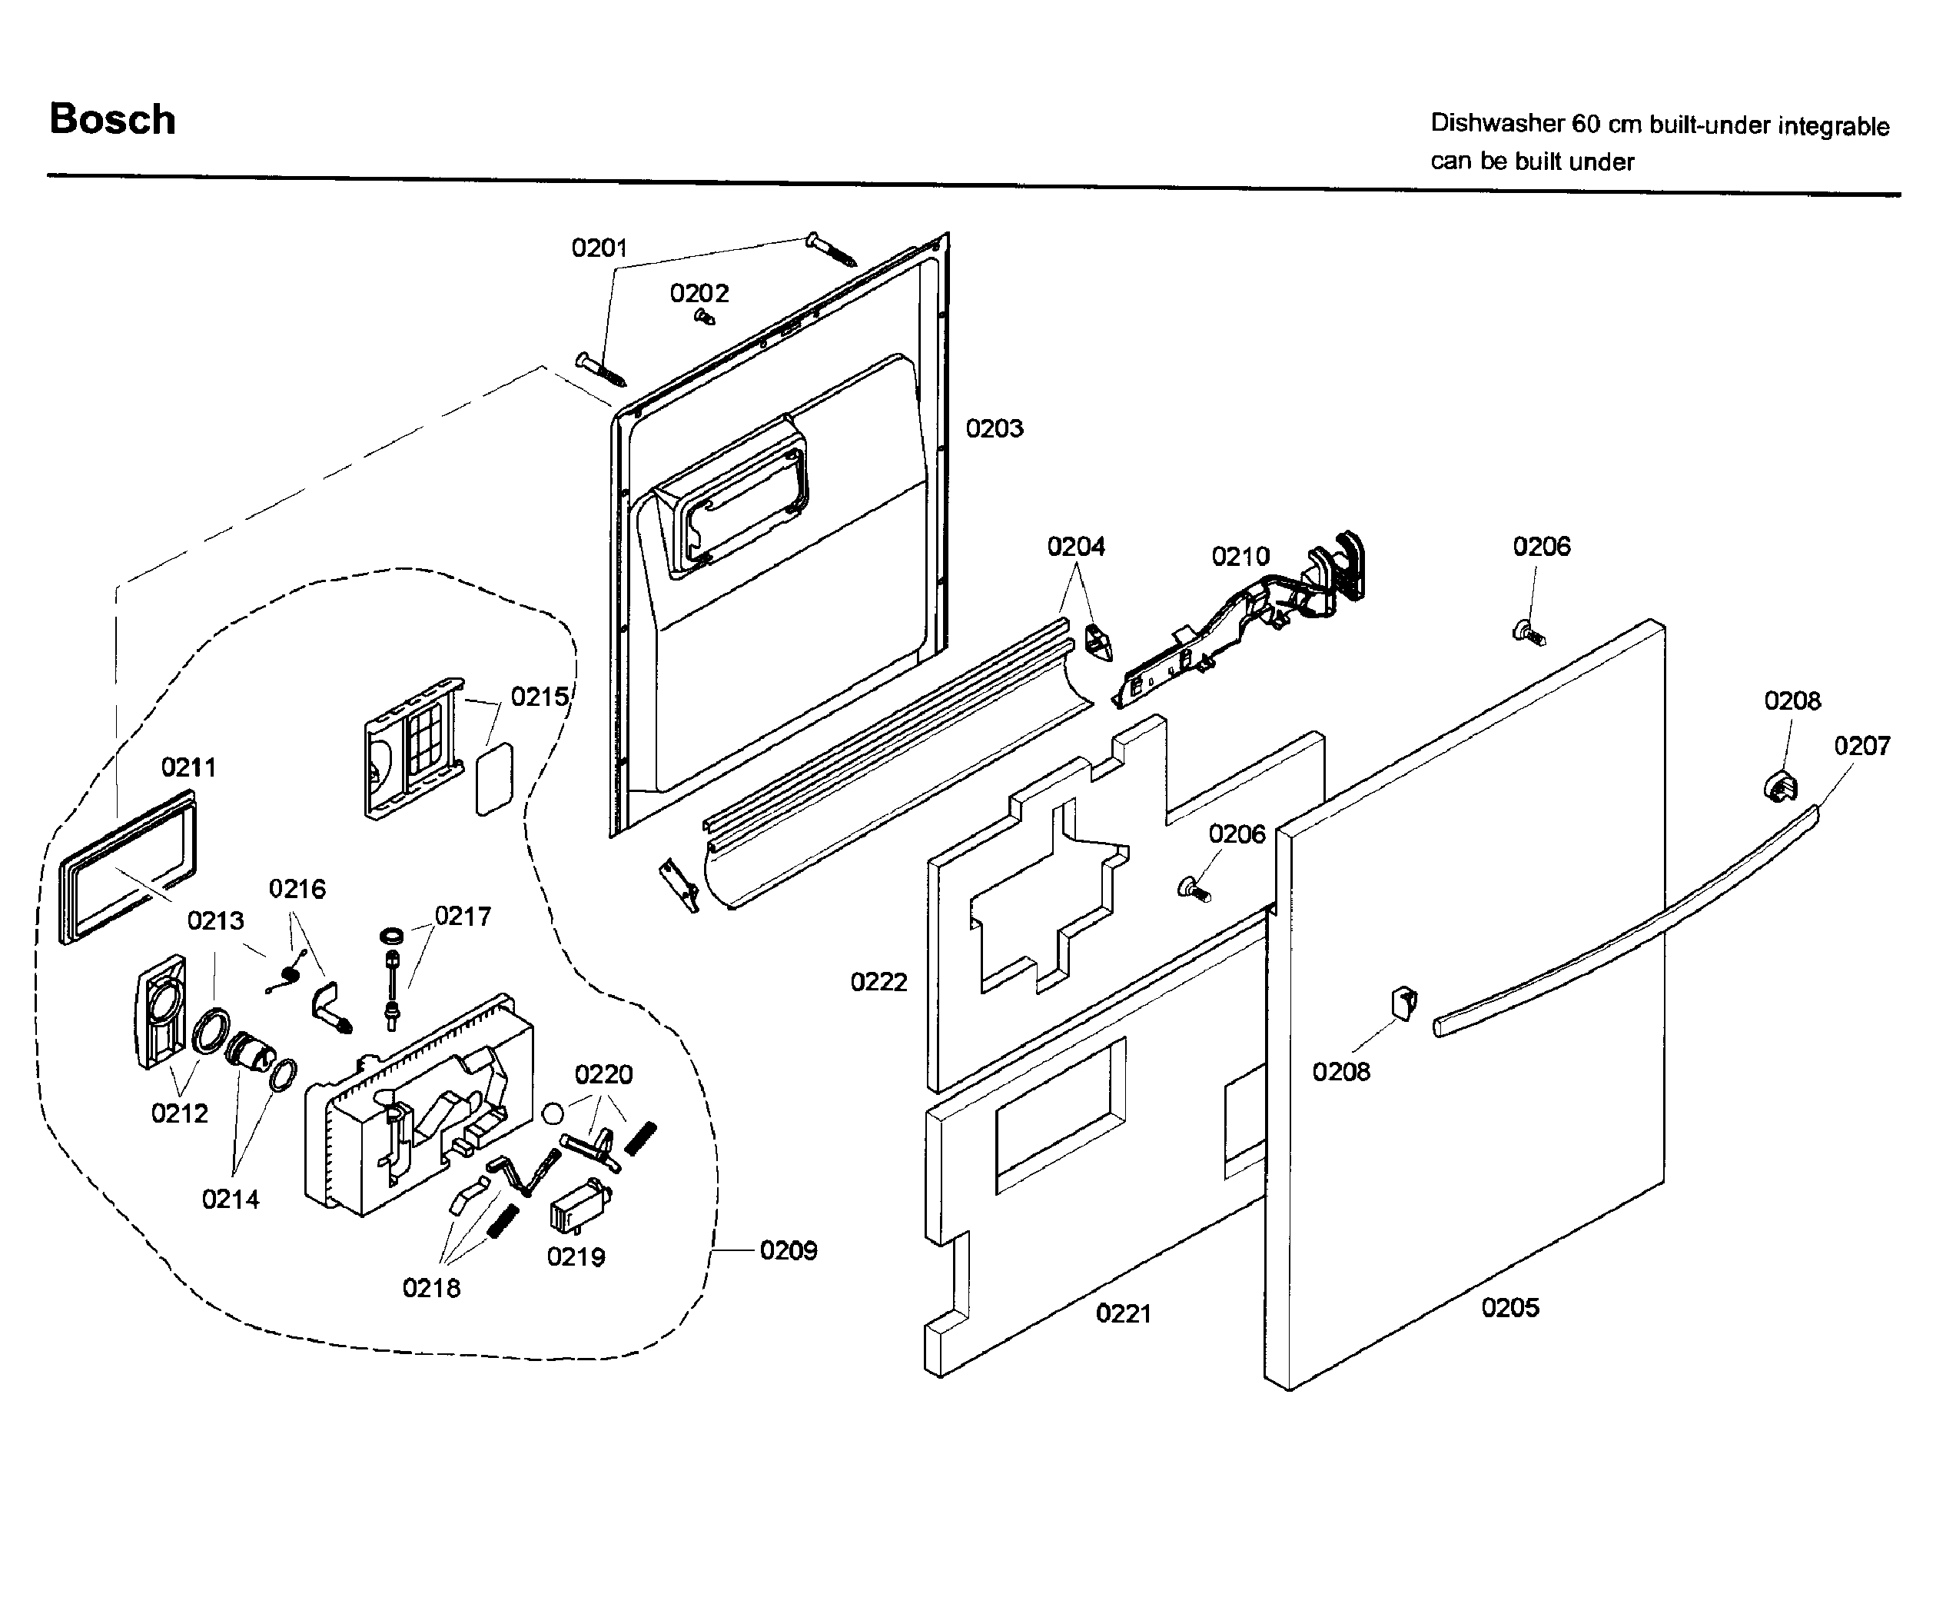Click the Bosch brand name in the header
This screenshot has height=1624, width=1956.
click(111, 120)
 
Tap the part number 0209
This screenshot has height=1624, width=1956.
click(788, 1250)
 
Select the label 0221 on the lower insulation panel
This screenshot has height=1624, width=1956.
click(1124, 1314)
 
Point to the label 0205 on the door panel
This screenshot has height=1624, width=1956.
click(1509, 1308)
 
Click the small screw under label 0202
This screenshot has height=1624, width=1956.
click(705, 318)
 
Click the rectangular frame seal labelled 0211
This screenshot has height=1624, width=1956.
click(128, 867)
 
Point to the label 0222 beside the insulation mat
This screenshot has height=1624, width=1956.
click(878, 982)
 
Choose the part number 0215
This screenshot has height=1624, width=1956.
click(540, 697)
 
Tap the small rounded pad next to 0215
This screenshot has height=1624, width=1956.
click(495, 779)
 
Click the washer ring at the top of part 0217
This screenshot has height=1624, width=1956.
click(392, 934)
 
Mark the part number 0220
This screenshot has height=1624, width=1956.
click(603, 1075)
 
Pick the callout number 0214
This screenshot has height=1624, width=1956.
click(230, 1199)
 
